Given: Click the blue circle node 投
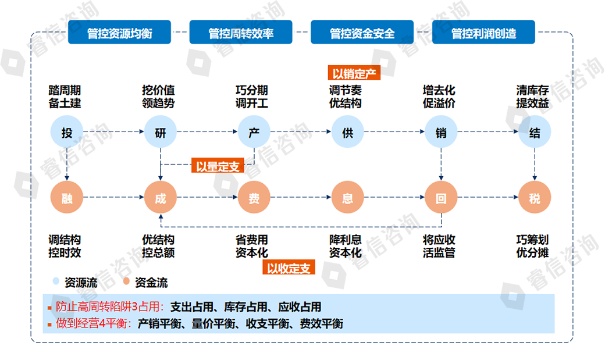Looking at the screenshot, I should [x=67, y=133].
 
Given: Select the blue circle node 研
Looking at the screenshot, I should [x=161, y=133].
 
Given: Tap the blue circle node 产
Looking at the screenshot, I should [x=254, y=133].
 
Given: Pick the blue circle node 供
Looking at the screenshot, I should [x=347, y=133].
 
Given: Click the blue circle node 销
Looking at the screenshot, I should [x=441, y=133].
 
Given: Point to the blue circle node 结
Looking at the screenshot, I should [x=535, y=133].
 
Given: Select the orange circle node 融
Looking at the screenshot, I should [x=67, y=198].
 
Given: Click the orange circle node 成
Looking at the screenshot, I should [x=161, y=198].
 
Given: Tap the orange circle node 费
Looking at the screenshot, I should [x=254, y=198].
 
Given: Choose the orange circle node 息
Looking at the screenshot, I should [x=347, y=198].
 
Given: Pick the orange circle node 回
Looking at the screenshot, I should [x=441, y=198].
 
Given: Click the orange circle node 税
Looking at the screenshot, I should [x=535, y=198].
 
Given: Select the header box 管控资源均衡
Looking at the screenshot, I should [x=119, y=33].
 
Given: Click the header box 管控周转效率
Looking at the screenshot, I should [x=241, y=33].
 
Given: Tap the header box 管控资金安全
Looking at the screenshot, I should [x=362, y=33].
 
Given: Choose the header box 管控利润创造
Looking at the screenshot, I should [x=483, y=33].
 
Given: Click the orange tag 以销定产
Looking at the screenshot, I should [x=354, y=73].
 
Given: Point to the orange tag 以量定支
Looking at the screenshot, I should [x=218, y=166].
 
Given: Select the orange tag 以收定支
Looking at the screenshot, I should [x=289, y=268].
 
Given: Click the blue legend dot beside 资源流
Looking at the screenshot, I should [x=56, y=282].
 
